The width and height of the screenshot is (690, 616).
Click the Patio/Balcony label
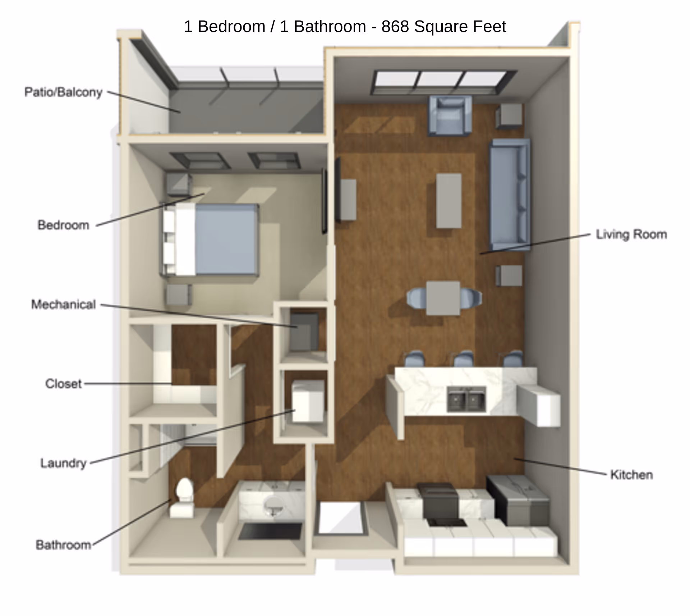pyautogui.click(x=63, y=92)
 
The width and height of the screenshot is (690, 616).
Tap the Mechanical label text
pyautogui.click(x=63, y=305)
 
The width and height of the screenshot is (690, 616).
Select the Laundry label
pyautogui.click(x=63, y=463)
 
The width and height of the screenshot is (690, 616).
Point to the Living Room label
pyautogui.click(x=631, y=234)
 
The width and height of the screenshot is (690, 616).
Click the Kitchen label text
pyautogui.click(x=631, y=475)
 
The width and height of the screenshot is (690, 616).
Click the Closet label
pyautogui.click(x=63, y=384)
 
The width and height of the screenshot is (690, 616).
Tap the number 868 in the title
pyautogui.click(x=395, y=27)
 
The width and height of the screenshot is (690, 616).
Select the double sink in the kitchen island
pyautogui.click(x=466, y=399)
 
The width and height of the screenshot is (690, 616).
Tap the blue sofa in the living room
pyautogui.click(x=510, y=194)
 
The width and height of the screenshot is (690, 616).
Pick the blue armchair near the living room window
pyautogui.click(x=450, y=115)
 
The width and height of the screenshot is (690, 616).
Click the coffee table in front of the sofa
pyautogui.click(x=448, y=200)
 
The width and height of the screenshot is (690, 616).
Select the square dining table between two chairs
pyautogui.click(x=443, y=298)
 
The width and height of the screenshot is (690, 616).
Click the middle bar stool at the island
pyautogui.click(x=463, y=359)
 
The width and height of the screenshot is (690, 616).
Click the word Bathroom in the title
pyautogui.click(x=330, y=27)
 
